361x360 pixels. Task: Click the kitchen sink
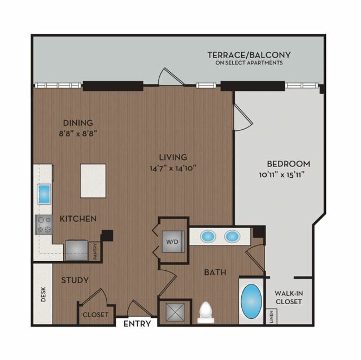click(x=44, y=194)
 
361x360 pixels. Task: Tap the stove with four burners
click(x=44, y=225)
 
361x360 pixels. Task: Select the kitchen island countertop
click(x=93, y=181)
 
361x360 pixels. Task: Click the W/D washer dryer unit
click(x=173, y=242)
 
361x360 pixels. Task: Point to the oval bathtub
click(x=251, y=301)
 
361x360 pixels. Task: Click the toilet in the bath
click(x=206, y=313)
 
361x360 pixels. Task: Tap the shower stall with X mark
click(x=176, y=312)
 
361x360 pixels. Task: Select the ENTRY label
click(x=137, y=324)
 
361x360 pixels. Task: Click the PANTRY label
click(x=95, y=252)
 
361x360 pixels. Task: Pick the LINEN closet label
click(x=271, y=317)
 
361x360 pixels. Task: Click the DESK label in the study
click(x=44, y=294)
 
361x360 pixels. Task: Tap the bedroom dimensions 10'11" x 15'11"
click(x=282, y=175)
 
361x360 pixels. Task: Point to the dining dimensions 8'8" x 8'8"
click(x=78, y=134)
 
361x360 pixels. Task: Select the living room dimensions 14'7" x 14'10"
click(x=173, y=168)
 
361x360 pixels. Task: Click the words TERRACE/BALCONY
click(x=249, y=55)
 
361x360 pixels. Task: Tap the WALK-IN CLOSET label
click(x=289, y=297)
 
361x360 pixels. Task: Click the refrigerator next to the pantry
click(x=77, y=250)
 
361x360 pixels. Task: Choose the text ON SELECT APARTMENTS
click(x=249, y=63)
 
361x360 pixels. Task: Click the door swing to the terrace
click(x=171, y=76)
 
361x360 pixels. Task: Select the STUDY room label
click(x=75, y=280)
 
